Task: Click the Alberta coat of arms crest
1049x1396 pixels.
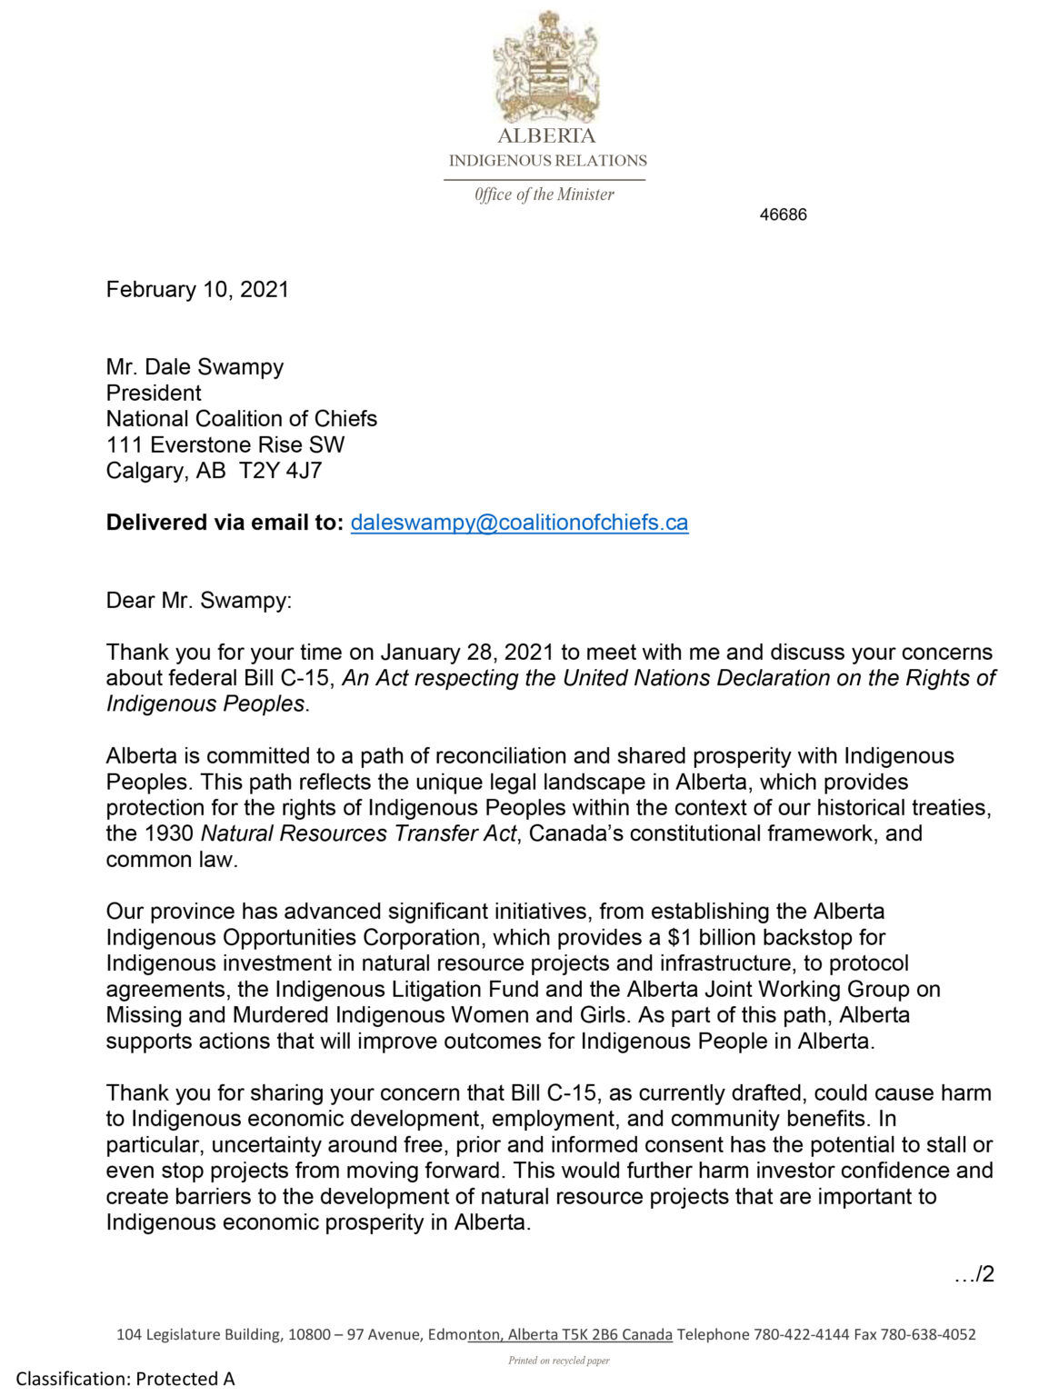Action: coord(545,67)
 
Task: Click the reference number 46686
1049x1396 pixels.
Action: coord(783,214)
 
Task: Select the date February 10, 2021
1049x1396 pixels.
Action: coord(197,289)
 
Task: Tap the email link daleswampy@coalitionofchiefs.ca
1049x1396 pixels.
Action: coord(519,523)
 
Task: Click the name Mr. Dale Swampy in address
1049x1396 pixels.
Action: coord(195,367)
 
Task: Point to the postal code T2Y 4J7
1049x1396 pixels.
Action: coord(281,471)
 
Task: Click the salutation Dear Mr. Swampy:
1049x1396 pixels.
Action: coord(199,601)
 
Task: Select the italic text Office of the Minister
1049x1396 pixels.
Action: coord(544,194)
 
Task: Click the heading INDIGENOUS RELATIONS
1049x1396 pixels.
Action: coord(547,161)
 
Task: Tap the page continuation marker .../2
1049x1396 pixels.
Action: coord(974,1274)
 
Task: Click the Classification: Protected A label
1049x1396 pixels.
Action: coord(125,1379)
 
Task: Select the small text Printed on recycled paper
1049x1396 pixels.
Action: coord(558,1361)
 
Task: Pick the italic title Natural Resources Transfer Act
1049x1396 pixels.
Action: coord(358,833)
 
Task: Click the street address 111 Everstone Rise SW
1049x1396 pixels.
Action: coord(225,444)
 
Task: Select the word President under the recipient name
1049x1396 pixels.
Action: coord(154,393)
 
